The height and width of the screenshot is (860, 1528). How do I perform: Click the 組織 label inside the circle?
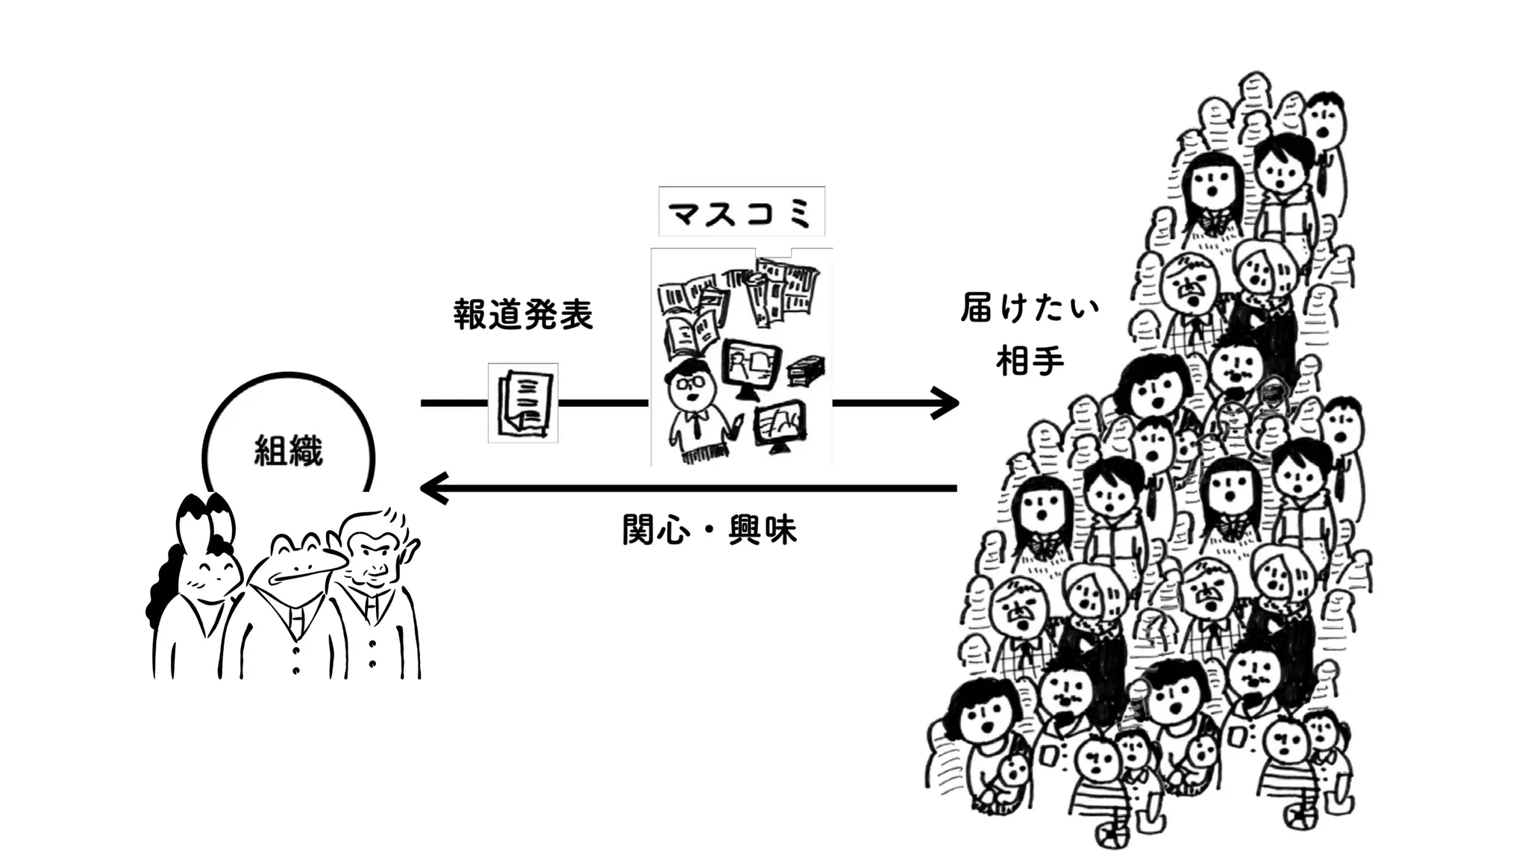(x=288, y=452)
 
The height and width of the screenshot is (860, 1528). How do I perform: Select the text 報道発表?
(x=523, y=315)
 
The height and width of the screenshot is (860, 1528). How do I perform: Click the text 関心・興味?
(x=710, y=530)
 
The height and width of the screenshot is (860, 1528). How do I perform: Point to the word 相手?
(x=1030, y=361)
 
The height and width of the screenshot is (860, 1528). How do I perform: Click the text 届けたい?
(x=1030, y=308)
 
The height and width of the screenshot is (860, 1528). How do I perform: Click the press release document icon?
(x=523, y=403)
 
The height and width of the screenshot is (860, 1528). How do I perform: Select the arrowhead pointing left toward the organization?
(x=433, y=489)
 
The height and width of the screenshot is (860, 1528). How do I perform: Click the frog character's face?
(x=295, y=564)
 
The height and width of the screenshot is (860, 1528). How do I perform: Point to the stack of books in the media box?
(x=806, y=370)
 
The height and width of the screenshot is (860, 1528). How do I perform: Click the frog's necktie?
(x=296, y=620)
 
